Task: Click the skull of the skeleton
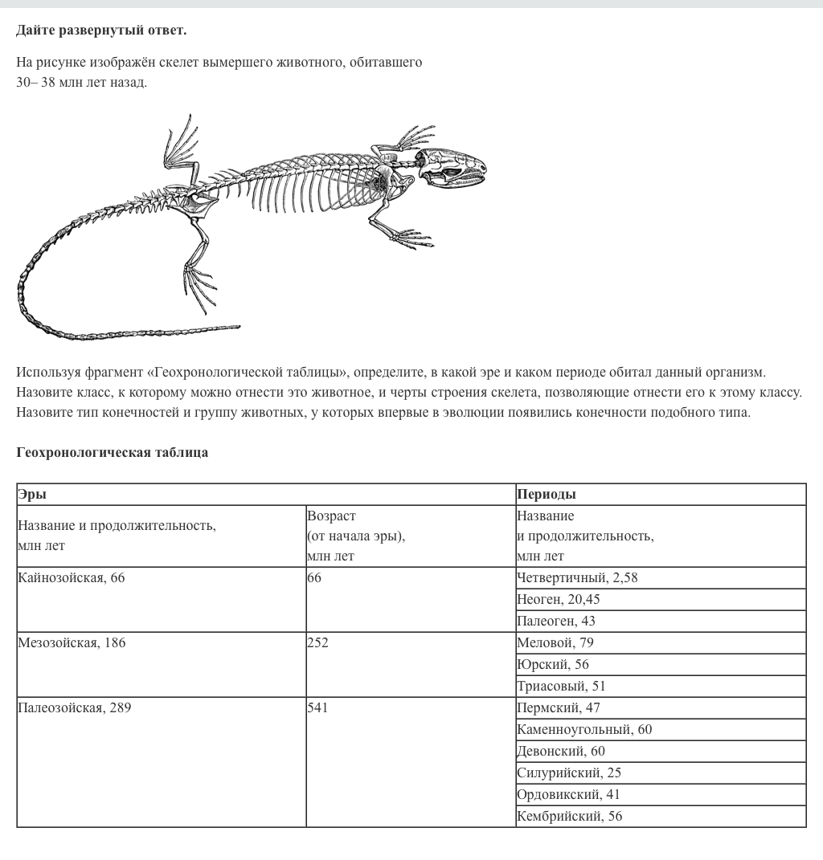(x=453, y=167)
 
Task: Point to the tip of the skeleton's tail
(x=239, y=327)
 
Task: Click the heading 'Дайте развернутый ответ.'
(x=101, y=31)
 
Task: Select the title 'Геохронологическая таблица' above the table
(x=113, y=452)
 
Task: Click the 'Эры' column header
(x=32, y=494)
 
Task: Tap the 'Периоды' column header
(x=547, y=494)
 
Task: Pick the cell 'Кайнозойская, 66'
(x=72, y=577)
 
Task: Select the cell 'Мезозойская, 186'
(x=72, y=642)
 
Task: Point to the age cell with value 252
(x=317, y=642)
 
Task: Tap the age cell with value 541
(x=317, y=707)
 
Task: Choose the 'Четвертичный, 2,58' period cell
(x=577, y=577)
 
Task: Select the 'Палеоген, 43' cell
(x=556, y=621)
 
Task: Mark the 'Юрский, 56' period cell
(x=553, y=664)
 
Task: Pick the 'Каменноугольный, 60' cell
(x=584, y=729)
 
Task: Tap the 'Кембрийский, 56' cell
(x=570, y=816)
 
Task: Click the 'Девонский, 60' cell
(x=561, y=751)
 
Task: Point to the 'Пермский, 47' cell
(x=559, y=707)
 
